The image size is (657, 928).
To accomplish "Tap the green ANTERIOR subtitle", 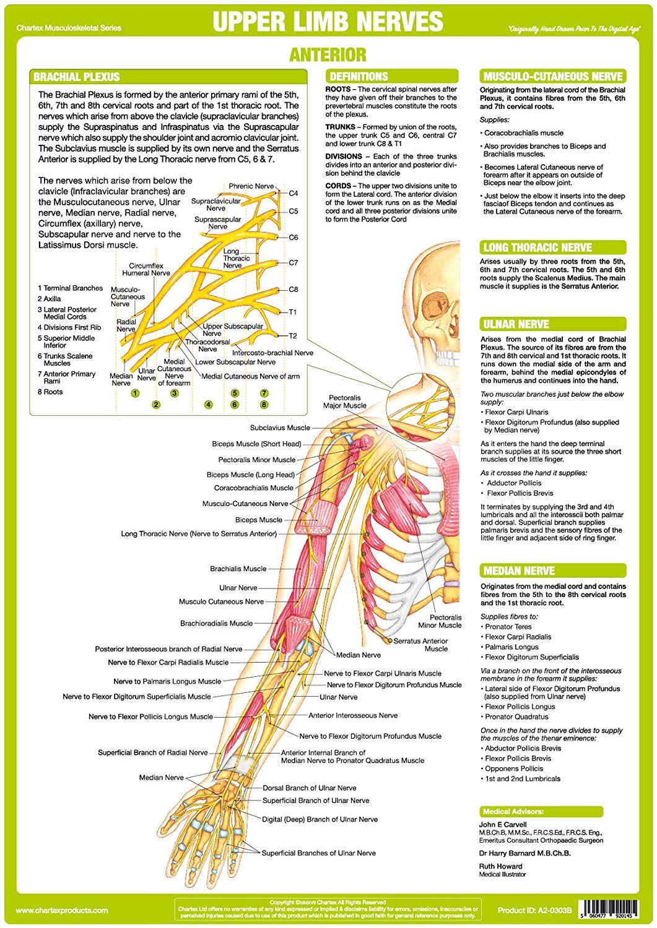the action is tap(328, 54).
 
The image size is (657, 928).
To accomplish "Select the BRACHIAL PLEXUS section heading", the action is tap(77, 77).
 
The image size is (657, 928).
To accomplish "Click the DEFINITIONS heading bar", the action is tap(359, 76).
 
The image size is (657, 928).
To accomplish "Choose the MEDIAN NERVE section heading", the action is tap(519, 570).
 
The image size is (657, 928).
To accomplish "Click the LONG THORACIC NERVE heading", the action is tap(537, 247).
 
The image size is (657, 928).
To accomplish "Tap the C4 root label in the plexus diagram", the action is tap(293, 193).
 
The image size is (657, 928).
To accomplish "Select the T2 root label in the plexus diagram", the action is tap(293, 336).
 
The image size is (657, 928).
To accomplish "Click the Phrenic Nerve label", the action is tap(251, 186).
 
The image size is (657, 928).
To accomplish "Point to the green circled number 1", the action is tap(135, 393).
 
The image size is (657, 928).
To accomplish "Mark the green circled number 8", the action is tap(264, 405).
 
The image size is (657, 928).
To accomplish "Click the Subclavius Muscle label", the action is tap(280, 427).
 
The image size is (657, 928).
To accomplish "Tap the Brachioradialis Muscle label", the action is tap(216, 623).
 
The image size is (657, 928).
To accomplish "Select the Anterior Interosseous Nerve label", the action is tap(353, 715).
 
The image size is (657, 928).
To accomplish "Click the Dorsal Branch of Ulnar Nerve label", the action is tap(310, 788).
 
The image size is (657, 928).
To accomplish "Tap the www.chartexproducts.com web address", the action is tap(62, 910).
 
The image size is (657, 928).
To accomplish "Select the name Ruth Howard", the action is tap(500, 866).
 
